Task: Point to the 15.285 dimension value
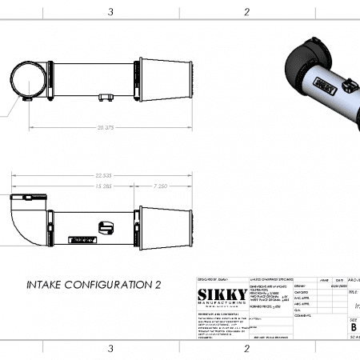80,186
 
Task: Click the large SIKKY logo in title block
222,295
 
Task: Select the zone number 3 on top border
110,11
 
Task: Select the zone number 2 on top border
246,11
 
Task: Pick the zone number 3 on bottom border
110,349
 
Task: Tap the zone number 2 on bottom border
246,349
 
